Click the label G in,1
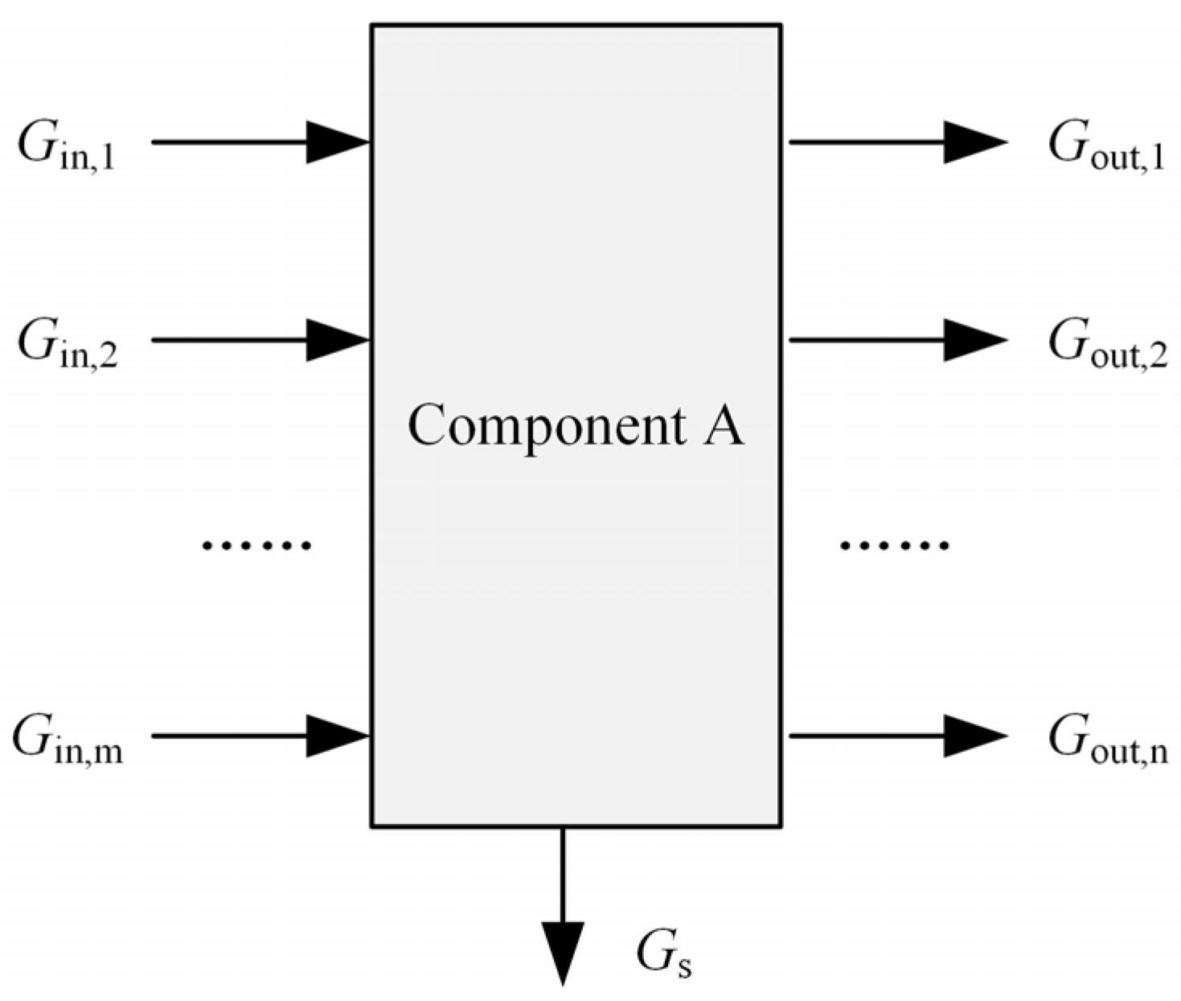tap(67, 148)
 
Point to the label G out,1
tap(1106, 148)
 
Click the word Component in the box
tap(547, 426)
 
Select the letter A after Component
tap(724, 426)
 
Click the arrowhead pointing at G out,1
tap(974, 142)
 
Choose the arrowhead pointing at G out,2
tap(974, 340)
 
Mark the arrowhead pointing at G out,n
tap(974, 736)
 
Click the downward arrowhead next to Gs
tap(562, 953)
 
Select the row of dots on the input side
tap(256, 546)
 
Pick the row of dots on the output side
tap(894, 546)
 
